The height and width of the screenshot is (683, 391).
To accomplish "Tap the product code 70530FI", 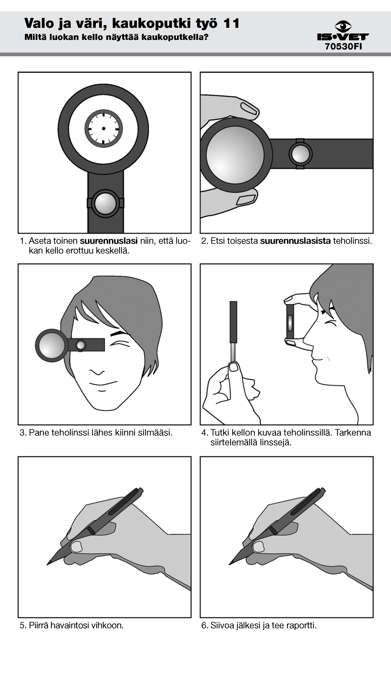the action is click(x=343, y=47).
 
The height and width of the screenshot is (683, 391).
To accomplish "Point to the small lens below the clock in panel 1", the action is click(x=105, y=203).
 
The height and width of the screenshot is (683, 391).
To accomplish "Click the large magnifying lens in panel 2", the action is click(x=235, y=155).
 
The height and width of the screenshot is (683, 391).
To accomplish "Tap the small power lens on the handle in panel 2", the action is click(x=300, y=154).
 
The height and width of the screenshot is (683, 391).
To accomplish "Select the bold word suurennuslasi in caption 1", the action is click(x=109, y=241).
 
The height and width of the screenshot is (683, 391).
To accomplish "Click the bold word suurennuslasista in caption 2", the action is click(x=295, y=241).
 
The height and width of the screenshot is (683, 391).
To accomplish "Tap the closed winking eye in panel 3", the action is click(x=120, y=344).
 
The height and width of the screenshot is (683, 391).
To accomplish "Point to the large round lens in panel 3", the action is click(x=52, y=346).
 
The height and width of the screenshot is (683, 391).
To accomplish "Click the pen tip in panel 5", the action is click(x=48, y=564).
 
